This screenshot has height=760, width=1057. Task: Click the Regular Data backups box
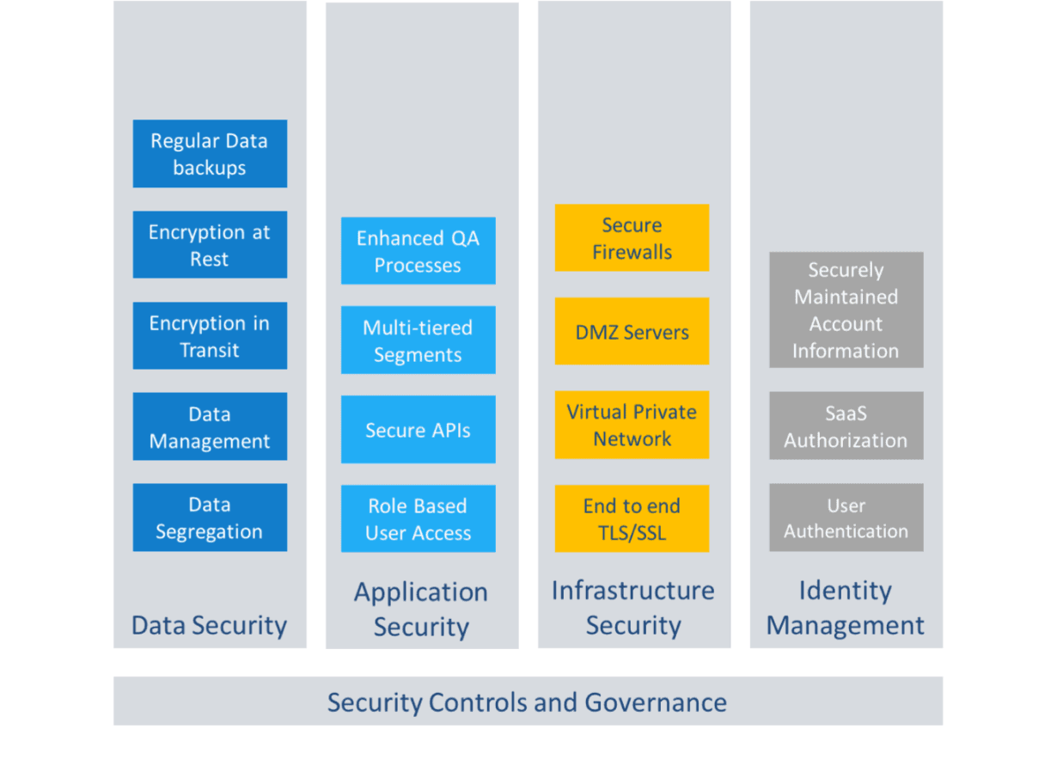pos(210,154)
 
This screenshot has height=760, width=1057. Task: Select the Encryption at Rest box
pos(210,245)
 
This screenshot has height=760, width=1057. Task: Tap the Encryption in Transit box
pos(210,336)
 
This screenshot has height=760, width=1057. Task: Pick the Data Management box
pos(210,427)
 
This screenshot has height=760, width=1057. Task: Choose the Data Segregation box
pos(210,518)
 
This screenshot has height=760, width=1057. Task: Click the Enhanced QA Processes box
pos(419,251)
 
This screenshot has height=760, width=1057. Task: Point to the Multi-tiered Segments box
pos(419,340)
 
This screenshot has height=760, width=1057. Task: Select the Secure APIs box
pos(419,430)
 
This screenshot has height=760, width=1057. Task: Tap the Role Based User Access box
pos(419,519)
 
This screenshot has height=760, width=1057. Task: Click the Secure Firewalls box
pos(632,238)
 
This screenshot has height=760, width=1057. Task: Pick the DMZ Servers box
pos(632,332)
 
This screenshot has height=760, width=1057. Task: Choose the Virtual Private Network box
pos(632,425)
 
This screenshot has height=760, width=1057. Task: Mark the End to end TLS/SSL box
pos(632,518)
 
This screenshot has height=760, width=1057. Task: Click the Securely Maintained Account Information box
pos(846,310)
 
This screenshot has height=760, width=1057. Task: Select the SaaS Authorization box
pos(846,426)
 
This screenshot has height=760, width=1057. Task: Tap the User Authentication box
pos(846,518)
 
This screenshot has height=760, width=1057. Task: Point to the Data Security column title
pos(209,625)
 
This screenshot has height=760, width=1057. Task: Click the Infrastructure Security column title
pos(633,608)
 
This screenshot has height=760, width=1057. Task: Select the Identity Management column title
pos(846,608)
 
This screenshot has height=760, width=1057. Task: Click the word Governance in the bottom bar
pos(656,702)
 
